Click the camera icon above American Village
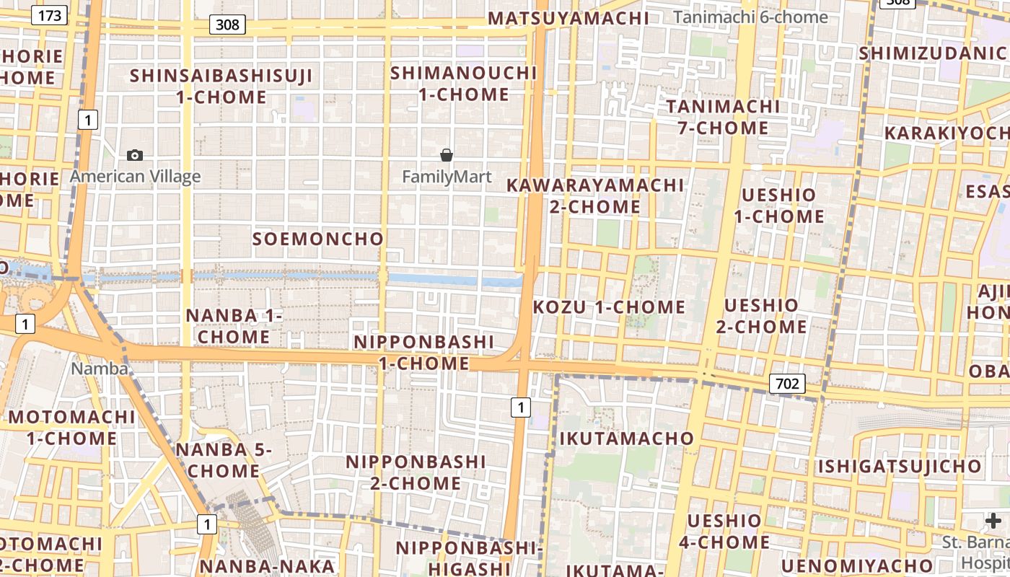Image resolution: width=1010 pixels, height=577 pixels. click(135, 155)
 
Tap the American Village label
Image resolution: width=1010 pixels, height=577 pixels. click(135, 177)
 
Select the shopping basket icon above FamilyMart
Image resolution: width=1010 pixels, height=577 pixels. click(447, 155)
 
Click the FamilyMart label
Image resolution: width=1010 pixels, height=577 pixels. click(447, 177)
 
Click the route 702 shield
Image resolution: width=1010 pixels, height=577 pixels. click(786, 383)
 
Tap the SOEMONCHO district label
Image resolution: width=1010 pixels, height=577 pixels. click(318, 239)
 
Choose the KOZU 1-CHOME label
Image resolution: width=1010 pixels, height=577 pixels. click(609, 307)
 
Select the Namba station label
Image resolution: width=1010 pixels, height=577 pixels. click(100, 369)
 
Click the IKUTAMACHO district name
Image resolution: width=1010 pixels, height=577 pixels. click(626, 439)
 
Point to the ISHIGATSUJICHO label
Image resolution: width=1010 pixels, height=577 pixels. click(900, 467)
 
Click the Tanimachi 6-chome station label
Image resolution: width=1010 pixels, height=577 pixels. click(750, 17)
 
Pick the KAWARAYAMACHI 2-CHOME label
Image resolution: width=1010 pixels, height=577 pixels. click(594, 195)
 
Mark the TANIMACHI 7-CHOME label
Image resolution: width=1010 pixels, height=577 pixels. click(723, 118)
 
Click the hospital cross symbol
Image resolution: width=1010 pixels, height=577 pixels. click(993, 521)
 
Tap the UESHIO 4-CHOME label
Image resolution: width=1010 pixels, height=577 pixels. click(724, 532)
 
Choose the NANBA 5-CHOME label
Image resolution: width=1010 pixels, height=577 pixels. click(224, 460)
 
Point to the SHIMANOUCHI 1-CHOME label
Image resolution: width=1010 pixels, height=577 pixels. click(464, 84)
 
